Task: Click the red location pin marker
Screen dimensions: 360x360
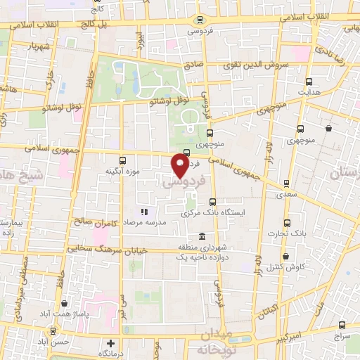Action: coord(180,166)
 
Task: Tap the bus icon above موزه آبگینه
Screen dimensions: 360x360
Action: coord(123,160)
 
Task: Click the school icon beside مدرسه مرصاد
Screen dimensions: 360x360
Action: coord(144,211)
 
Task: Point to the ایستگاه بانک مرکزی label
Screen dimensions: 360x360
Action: coord(217,213)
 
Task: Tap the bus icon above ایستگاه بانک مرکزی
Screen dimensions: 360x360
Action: coord(212,202)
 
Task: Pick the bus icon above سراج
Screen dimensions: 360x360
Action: coord(342,326)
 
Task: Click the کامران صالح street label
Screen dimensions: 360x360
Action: coord(93,223)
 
